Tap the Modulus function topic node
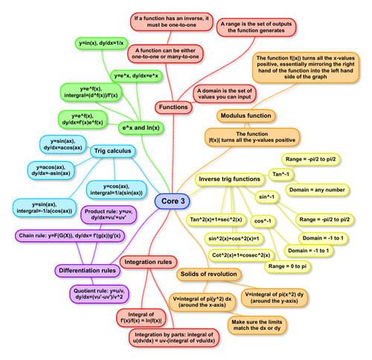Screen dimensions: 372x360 (x=249, y=116)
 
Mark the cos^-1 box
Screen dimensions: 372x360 (x=262, y=222)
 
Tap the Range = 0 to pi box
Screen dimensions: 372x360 (x=289, y=266)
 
